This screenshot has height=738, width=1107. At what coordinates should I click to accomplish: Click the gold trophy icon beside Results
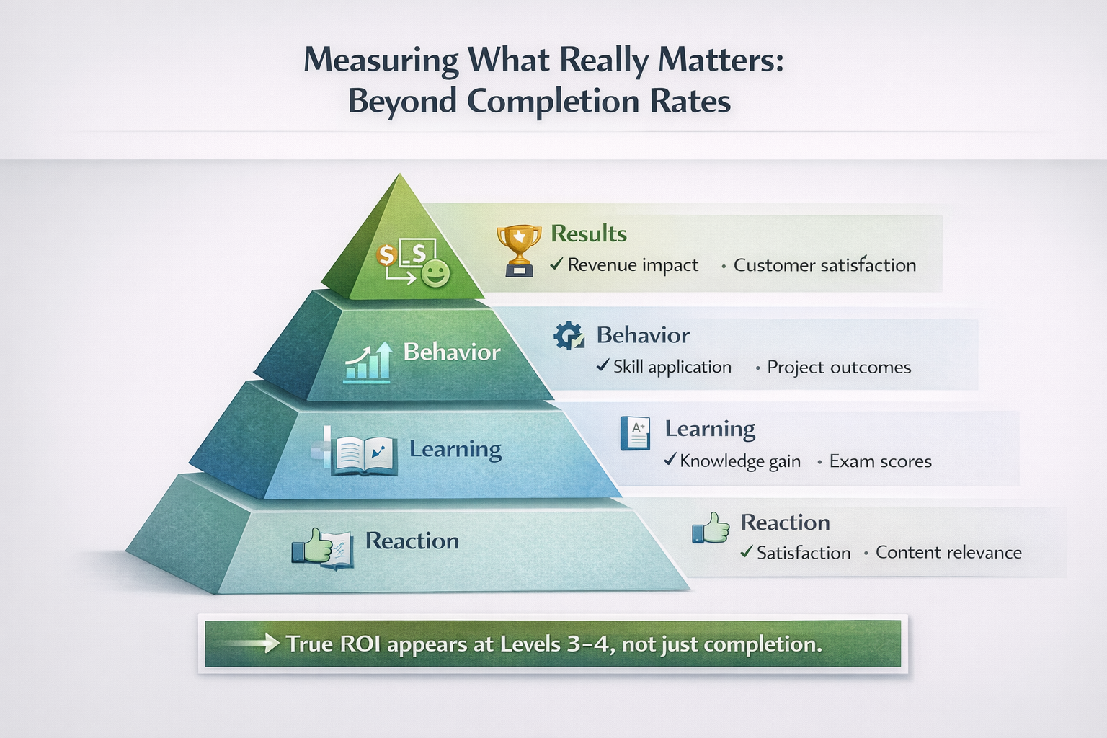[x=519, y=249]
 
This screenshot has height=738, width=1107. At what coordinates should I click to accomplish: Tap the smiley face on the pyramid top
[x=435, y=272]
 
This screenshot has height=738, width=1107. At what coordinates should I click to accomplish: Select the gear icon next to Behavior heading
[x=569, y=336]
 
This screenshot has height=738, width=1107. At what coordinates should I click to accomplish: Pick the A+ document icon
[x=635, y=433]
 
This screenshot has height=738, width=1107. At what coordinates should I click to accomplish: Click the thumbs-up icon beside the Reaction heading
[x=711, y=528]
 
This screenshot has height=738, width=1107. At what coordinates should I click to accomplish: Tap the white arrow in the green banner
[x=249, y=643]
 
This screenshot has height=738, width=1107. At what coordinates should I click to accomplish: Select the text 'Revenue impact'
[x=633, y=265]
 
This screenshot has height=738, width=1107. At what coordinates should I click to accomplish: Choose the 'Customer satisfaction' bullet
[x=824, y=265]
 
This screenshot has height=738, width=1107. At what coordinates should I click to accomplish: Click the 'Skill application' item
[x=672, y=367]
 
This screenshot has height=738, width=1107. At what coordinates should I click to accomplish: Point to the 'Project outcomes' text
[x=839, y=368]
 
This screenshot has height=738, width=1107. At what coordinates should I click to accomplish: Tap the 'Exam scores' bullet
[x=880, y=461]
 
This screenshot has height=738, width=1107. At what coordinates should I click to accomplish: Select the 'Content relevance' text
[x=948, y=553]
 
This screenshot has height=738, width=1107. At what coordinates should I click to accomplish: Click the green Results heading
[x=589, y=234]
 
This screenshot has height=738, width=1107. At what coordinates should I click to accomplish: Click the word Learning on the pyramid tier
[x=455, y=449]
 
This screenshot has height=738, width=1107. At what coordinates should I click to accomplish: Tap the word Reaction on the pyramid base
[x=412, y=541]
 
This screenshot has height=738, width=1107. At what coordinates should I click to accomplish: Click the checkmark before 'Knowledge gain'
[x=670, y=460]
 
